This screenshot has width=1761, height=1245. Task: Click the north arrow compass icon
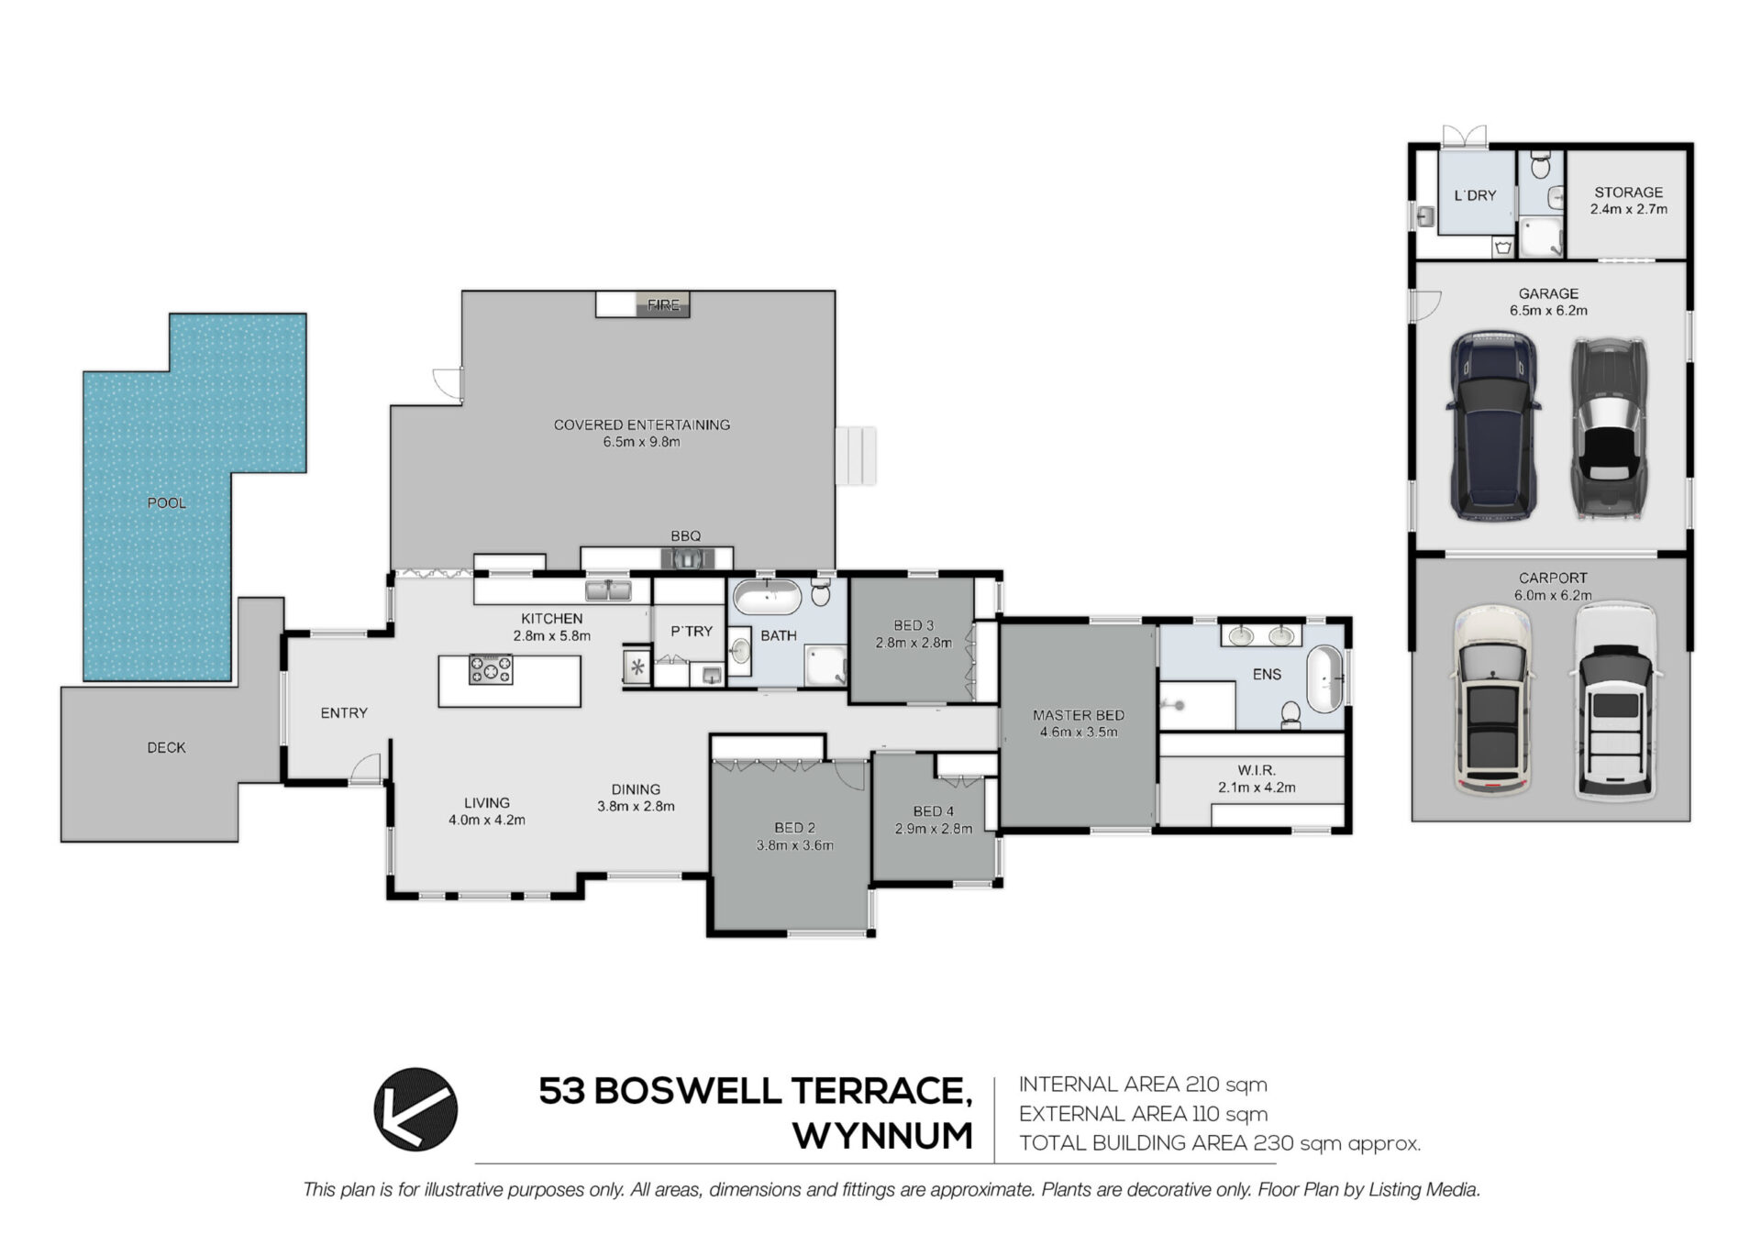tap(415, 1109)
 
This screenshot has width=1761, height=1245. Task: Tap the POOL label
tap(167, 503)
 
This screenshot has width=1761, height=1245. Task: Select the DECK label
tap(166, 748)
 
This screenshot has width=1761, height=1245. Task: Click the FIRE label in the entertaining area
tap(663, 305)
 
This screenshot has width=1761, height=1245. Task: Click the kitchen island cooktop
tap(491, 669)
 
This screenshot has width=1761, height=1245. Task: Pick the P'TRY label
tap(692, 632)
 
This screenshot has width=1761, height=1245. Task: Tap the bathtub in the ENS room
tap(1324, 678)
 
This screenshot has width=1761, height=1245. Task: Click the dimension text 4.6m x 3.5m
tap(1079, 733)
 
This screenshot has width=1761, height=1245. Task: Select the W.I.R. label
tap(1257, 770)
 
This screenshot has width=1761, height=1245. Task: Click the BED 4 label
tap(934, 811)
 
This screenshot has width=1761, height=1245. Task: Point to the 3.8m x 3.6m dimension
tap(795, 845)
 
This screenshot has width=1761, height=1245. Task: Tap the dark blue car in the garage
tap(1492, 426)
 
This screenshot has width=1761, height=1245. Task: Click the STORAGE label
tap(1629, 193)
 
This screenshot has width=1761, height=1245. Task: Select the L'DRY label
tap(1475, 195)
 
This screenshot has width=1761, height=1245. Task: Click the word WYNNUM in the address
tap(882, 1137)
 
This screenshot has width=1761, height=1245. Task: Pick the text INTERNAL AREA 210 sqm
tap(1143, 1085)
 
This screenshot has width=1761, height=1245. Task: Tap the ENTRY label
tap(344, 713)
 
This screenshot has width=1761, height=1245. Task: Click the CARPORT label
tap(1553, 578)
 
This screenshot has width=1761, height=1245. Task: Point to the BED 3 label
tap(914, 625)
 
